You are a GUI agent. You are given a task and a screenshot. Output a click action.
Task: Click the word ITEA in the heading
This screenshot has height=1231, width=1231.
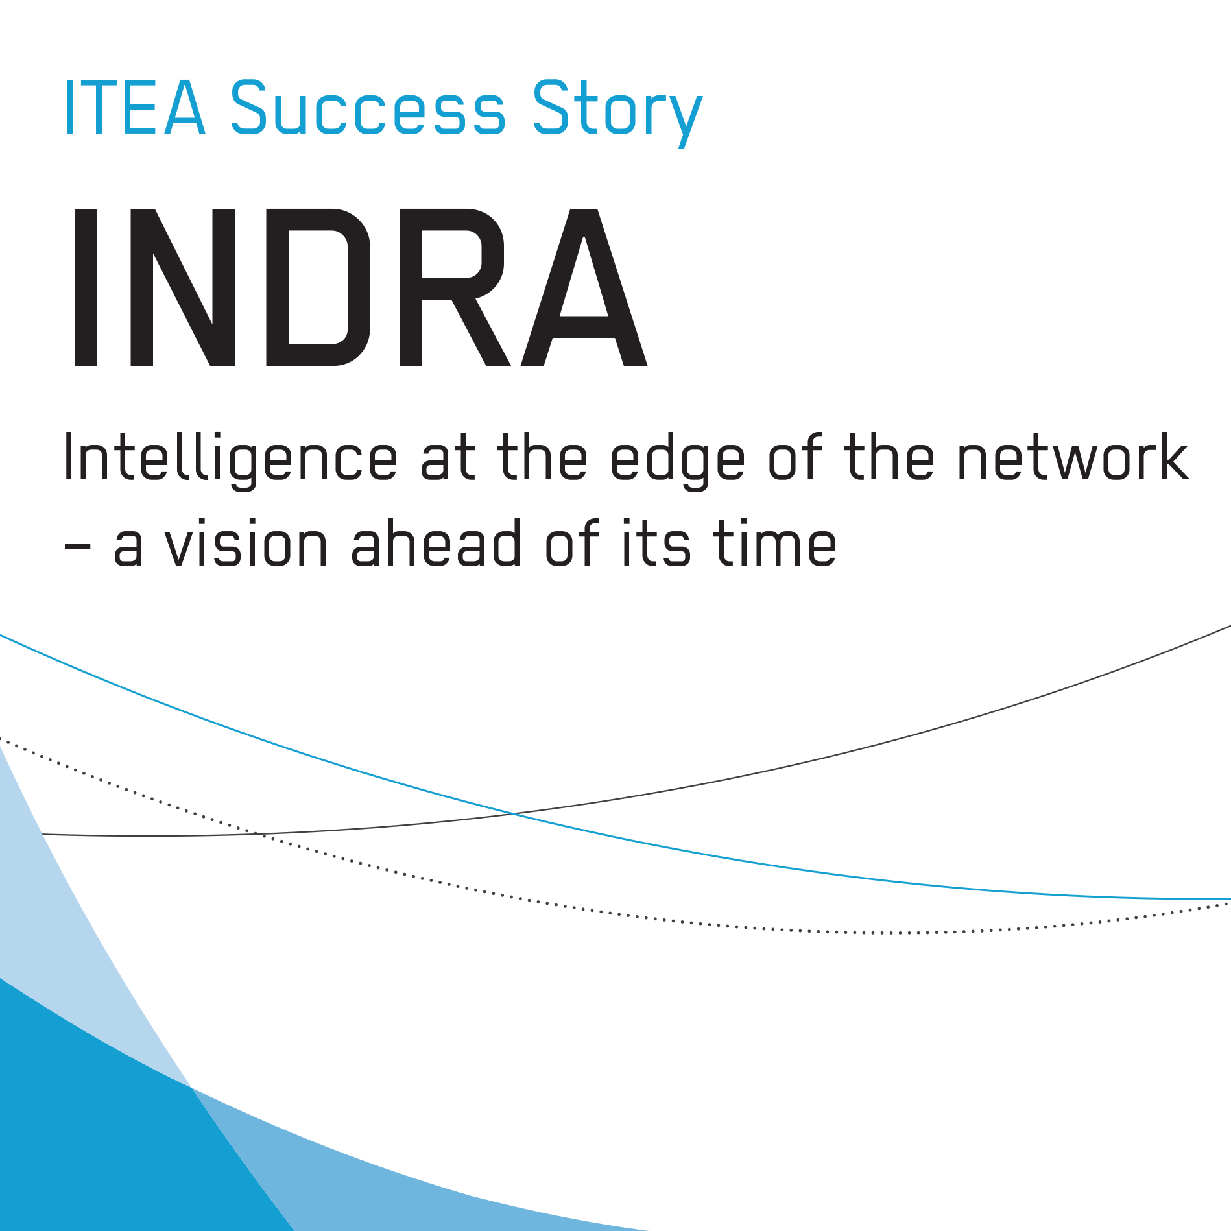135,108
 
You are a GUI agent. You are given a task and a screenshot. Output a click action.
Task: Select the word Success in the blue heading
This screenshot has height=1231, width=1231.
368,108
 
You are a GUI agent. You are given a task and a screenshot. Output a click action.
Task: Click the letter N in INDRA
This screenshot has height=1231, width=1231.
183,287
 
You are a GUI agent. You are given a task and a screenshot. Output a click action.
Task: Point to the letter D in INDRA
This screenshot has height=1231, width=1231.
318,287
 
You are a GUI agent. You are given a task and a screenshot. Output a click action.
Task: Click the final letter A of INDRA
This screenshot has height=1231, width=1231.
584,287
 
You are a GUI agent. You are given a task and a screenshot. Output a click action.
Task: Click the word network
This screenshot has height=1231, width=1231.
1073,457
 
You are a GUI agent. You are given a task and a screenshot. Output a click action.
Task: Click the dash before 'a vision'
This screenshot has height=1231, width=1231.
77,546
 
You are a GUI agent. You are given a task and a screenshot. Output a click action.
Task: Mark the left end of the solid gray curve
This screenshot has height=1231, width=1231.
43,834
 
